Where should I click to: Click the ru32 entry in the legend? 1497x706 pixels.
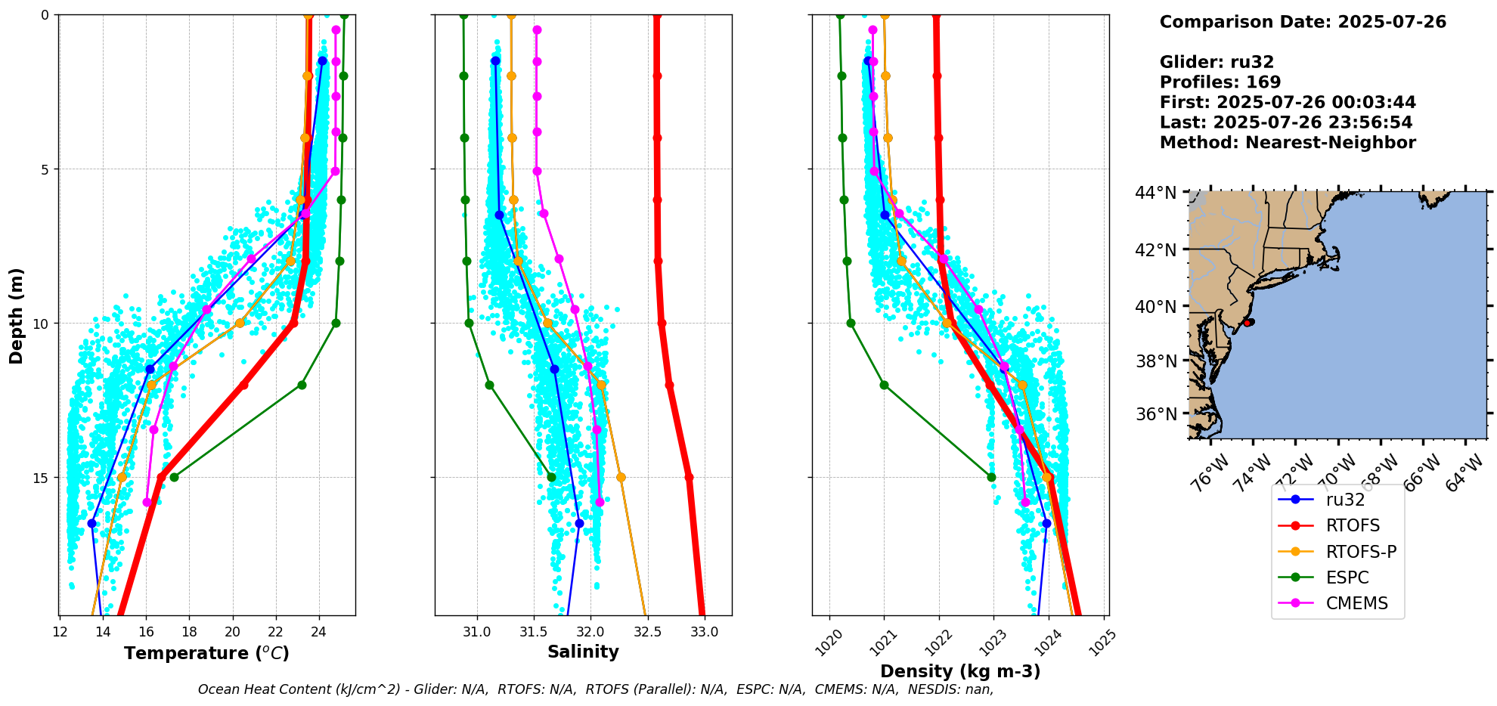[x=1345, y=500]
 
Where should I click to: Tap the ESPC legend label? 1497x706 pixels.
[x=1347, y=577]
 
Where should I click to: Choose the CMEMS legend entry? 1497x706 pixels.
[x=1356, y=603]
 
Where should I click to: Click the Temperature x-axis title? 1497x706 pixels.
[x=206, y=653]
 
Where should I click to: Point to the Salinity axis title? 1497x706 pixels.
[x=583, y=652]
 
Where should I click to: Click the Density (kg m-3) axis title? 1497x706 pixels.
[x=960, y=671]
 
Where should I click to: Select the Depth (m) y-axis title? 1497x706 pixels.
[x=17, y=315]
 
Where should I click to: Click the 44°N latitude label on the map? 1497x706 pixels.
[x=1155, y=194]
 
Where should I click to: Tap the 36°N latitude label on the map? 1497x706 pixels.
[x=1155, y=414]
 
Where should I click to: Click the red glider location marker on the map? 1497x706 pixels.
[x=1248, y=322]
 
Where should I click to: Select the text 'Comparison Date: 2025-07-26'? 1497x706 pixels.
[x=1303, y=22]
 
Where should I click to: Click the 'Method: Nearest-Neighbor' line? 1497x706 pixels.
[x=1288, y=143]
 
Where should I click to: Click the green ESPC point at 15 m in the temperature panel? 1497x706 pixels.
[x=174, y=477]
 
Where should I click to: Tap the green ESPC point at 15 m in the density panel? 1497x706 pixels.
[x=991, y=477]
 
